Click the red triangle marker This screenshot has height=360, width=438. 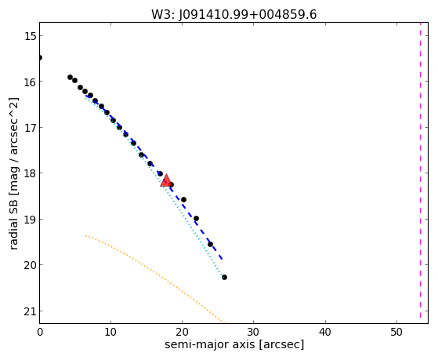[166, 180]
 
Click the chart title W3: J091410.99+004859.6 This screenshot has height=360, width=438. [233, 15]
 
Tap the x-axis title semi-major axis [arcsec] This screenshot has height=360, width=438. [234, 344]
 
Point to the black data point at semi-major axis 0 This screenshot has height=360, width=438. [40, 57]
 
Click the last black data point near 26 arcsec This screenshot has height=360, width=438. [224, 277]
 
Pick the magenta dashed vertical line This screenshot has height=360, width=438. [420, 170]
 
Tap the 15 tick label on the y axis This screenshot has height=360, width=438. [30, 36]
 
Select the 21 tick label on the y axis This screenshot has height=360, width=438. [30, 311]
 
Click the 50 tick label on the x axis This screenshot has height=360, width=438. [396, 332]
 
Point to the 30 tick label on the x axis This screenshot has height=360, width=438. [253, 332]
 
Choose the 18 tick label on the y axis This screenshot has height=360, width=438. [30, 173]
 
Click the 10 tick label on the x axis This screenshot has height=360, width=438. [110, 332]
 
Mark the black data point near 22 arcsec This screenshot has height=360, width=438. [196, 219]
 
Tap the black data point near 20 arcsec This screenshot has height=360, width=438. [183, 199]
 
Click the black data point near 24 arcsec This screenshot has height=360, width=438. [210, 244]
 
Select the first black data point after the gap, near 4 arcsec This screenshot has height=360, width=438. [70, 77]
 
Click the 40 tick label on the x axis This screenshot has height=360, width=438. [325, 332]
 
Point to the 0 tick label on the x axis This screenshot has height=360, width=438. [40, 332]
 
